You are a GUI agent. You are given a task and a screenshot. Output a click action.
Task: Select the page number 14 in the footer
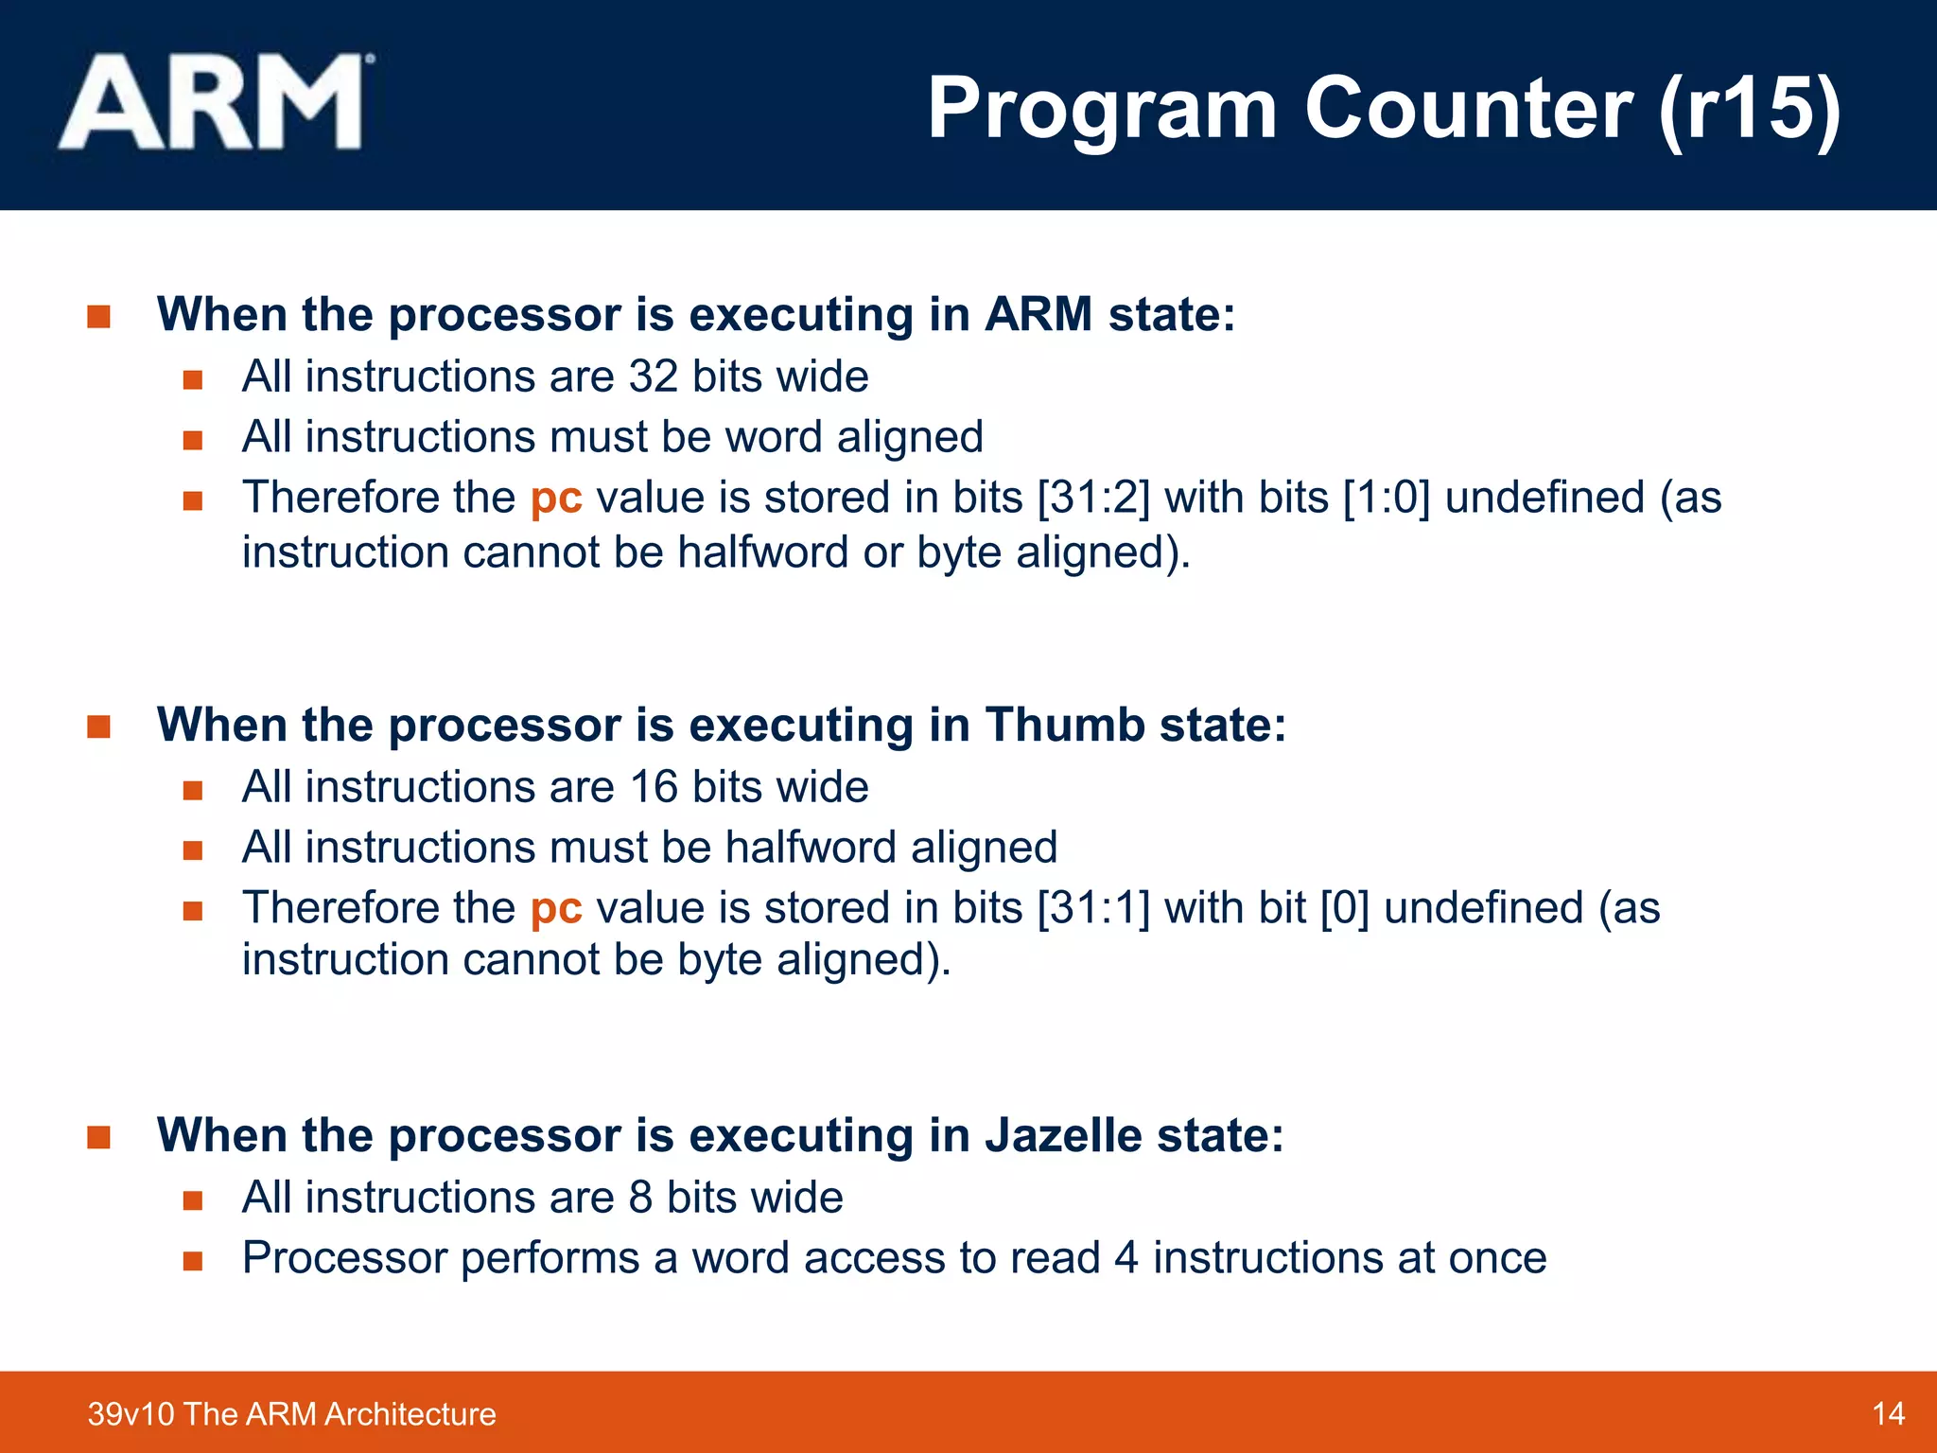pyautogui.click(x=1888, y=1413)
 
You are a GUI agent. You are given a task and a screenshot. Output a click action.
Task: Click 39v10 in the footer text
pyautogui.click(x=131, y=1413)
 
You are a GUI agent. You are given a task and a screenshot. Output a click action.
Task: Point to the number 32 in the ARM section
pyautogui.click(x=654, y=376)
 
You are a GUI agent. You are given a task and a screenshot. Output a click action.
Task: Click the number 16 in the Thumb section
pyautogui.click(x=654, y=787)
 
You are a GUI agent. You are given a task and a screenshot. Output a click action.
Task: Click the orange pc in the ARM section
pyautogui.click(x=556, y=499)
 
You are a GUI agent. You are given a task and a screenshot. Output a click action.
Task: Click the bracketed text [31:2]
pyautogui.click(x=1093, y=498)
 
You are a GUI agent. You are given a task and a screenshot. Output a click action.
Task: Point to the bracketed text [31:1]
pyautogui.click(x=1093, y=908)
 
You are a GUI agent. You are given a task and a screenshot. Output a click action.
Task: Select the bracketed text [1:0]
pyautogui.click(x=1387, y=498)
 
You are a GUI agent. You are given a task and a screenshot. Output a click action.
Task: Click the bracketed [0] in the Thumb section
pyautogui.click(x=1344, y=908)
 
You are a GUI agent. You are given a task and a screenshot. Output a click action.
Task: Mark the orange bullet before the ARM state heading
pyautogui.click(x=98, y=316)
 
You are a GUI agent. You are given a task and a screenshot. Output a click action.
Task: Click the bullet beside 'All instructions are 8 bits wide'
pyautogui.click(x=193, y=1200)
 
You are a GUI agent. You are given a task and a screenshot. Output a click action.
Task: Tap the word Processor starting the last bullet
pyautogui.click(x=344, y=1258)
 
